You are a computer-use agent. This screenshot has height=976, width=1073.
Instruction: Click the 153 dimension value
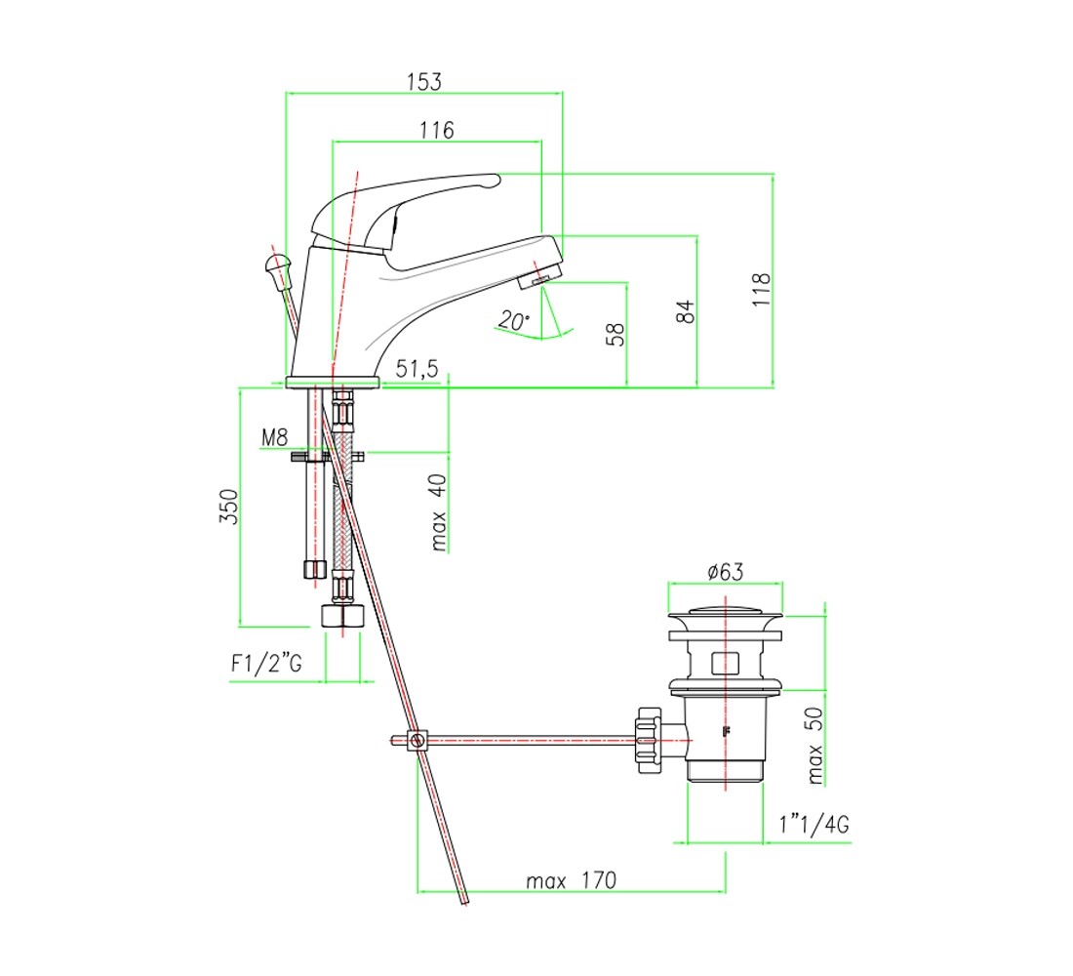[x=424, y=82]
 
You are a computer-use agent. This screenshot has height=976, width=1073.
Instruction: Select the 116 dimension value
[x=437, y=130]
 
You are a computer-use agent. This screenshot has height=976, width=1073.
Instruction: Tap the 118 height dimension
[x=761, y=289]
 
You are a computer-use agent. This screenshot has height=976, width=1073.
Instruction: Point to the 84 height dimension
[x=685, y=311]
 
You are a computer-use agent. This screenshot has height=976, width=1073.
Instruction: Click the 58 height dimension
[x=616, y=334]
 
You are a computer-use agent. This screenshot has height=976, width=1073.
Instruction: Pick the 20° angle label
[x=513, y=320]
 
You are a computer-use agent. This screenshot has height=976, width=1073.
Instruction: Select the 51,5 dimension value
[x=417, y=369]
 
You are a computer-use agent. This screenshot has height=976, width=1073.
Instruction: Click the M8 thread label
[x=274, y=437]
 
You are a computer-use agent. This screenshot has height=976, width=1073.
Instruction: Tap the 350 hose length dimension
[x=228, y=507]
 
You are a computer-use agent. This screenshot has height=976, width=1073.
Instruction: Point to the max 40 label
[x=438, y=512]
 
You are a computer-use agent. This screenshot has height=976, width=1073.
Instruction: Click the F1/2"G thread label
[x=266, y=663]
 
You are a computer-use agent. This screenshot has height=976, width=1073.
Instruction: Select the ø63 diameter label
[x=726, y=571]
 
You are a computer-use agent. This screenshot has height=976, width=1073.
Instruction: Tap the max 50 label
[x=815, y=746]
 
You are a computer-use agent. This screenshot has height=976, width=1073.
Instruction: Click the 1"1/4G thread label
[x=815, y=824]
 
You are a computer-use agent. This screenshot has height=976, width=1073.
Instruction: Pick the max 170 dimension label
[x=572, y=880]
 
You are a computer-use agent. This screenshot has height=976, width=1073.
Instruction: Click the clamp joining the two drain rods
[x=417, y=741]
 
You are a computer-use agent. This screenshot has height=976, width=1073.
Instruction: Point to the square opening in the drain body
[x=726, y=663]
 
